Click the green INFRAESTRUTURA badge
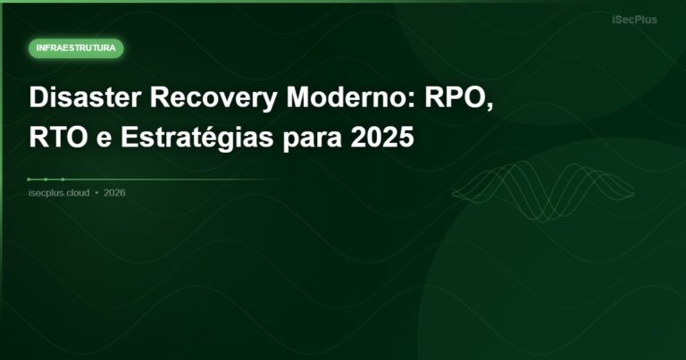[x=76, y=48]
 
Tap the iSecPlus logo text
[x=634, y=20]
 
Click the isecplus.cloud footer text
[x=59, y=192]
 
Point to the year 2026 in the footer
[x=114, y=192]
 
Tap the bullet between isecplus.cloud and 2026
[x=96, y=192]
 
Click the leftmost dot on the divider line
[x=29, y=180]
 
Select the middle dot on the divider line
[x=46, y=180]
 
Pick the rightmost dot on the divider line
[x=63, y=180]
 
